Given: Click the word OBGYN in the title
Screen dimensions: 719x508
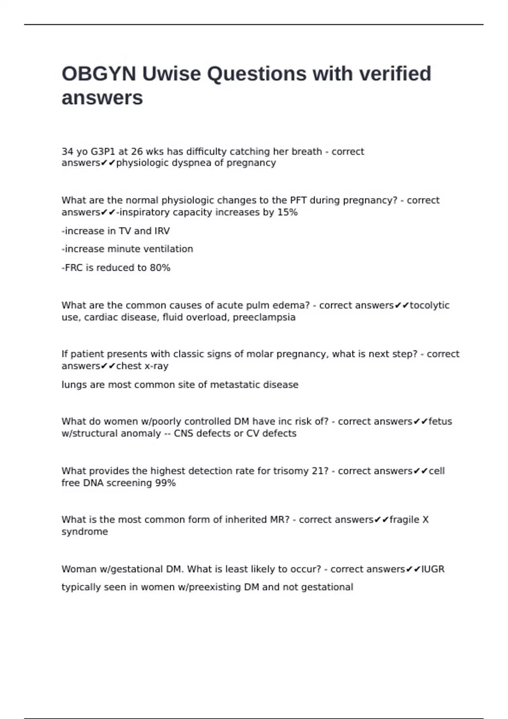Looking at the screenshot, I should (x=99, y=74).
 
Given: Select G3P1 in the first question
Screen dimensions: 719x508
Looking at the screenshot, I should (x=103, y=151).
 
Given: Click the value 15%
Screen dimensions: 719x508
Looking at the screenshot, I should (x=287, y=212).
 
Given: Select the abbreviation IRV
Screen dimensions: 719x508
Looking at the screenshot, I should (x=162, y=231).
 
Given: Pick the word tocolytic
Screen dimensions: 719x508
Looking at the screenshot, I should (x=429, y=305).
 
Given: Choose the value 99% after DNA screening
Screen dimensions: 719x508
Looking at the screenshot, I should (x=165, y=483).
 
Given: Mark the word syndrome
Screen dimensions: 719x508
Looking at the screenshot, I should (x=85, y=532).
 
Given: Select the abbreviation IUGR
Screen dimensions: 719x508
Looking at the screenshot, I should (x=433, y=569).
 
